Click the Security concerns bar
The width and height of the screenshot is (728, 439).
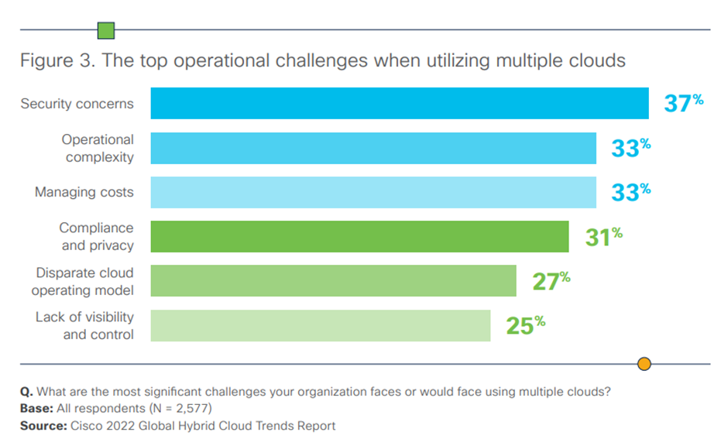pos(399,104)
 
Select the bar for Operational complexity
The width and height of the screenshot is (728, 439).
pos(373,148)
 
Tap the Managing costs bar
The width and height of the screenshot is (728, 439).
pos(373,192)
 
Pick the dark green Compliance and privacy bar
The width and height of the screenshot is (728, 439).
pos(359,236)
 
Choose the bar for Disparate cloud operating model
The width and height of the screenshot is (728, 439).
pos(333,280)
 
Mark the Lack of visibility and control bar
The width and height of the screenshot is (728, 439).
pos(320,325)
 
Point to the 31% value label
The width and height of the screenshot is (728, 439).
pos(603,236)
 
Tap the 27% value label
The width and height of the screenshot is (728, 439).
pos(551,280)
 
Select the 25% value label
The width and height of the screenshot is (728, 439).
pos(525,325)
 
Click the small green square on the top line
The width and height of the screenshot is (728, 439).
pos(106,30)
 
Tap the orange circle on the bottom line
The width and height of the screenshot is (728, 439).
pos(644,364)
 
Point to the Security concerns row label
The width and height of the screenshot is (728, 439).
pos(77,104)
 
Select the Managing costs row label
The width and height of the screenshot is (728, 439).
pos(84,192)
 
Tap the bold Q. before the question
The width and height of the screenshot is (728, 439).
pos(26,391)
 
